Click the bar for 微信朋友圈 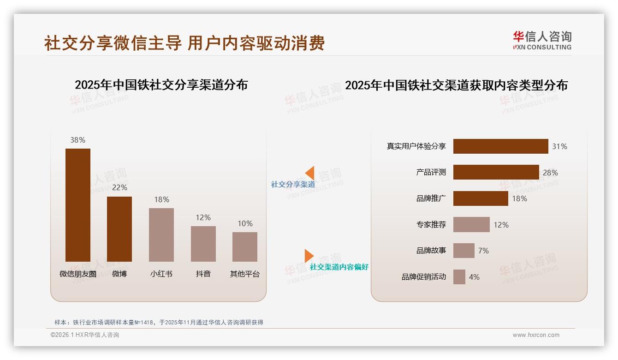[x=78, y=205]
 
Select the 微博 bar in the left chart [x=119, y=229]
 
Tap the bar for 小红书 [x=161, y=234]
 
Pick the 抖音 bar [x=203, y=244]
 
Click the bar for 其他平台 [x=245, y=246]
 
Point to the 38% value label [x=78, y=140]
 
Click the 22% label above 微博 [x=119, y=187]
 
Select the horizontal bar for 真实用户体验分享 [x=500, y=146]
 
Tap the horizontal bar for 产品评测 [x=496, y=172]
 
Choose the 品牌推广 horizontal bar [x=481, y=198]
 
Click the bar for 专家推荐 [x=471, y=225]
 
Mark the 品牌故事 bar [x=463, y=251]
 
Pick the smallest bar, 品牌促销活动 [x=459, y=277]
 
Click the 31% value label [x=559, y=146]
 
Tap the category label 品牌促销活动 [x=424, y=277]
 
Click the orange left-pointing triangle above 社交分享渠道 [x=309, y=173]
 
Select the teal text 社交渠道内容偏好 [x=339, y=267]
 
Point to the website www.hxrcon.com [x=536, y=335]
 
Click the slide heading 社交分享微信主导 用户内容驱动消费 [x=184, y=43]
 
